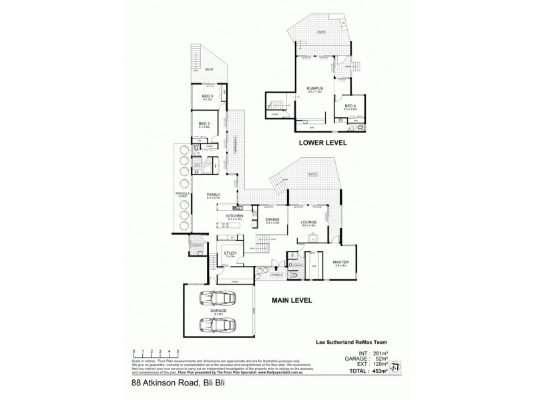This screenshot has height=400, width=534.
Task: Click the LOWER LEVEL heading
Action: click(x=324, y=142)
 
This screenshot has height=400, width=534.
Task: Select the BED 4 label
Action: click(x=351, y=106)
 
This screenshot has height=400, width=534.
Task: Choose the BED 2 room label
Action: click(x=204, y=123)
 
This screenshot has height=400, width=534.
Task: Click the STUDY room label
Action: click(x=231, y=253)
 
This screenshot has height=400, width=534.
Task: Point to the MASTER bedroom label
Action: click(x=340, y=263)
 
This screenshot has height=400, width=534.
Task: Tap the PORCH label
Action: click(x=276, y=275)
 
